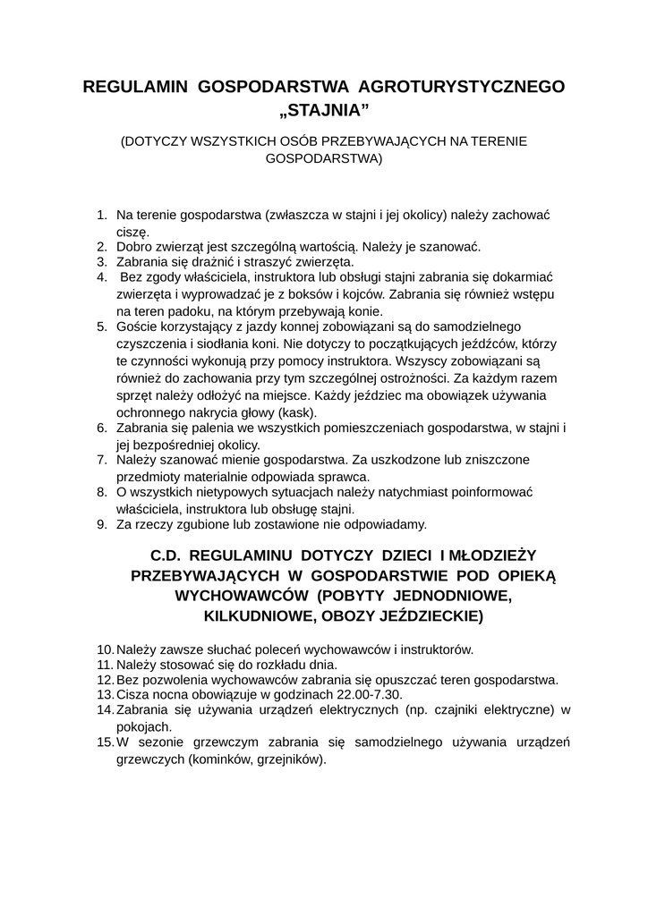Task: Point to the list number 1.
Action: pos(101,216)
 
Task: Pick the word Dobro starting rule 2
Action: pos(135,246)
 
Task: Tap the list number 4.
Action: pos(101,277)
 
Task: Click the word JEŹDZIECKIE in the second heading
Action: pos(407,615)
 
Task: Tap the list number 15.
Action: pos(104,742)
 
